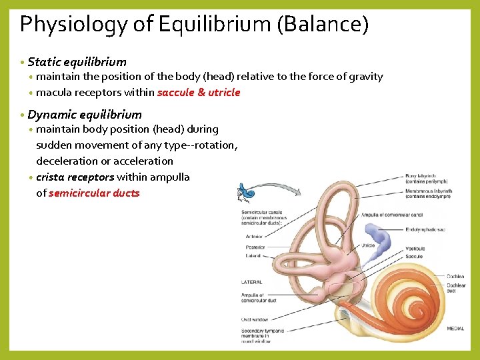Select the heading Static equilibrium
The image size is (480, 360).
click(x=77, y=62)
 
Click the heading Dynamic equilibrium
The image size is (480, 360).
click(x=85, y=114)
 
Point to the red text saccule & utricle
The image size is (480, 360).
click(x=198, y=93)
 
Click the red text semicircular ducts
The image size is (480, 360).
click(x=94, y=193)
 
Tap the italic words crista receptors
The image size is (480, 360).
click(x=75, y=177)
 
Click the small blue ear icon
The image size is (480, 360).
click(x=246, y=193)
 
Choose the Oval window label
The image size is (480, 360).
click(x=254, y=319)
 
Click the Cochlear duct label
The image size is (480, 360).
click(x=456, y=288)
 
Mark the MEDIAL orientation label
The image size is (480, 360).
click(x=455, y=328)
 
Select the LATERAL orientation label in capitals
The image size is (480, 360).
click(x=251, y=282)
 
